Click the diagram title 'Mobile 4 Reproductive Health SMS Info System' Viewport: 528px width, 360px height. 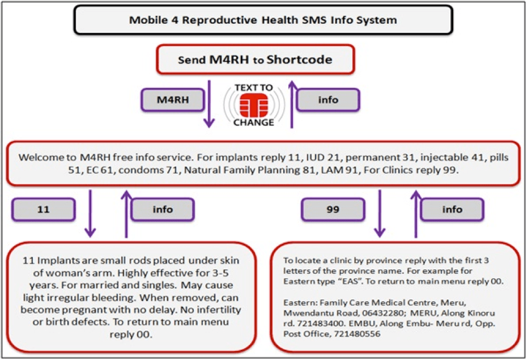263,20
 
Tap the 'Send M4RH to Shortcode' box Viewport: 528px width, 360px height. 255,60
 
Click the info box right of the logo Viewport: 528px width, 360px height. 328,100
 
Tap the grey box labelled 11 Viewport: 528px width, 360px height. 44,209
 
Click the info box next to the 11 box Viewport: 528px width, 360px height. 163,210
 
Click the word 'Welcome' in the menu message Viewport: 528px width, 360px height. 38,157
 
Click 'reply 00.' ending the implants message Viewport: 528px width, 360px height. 131,334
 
